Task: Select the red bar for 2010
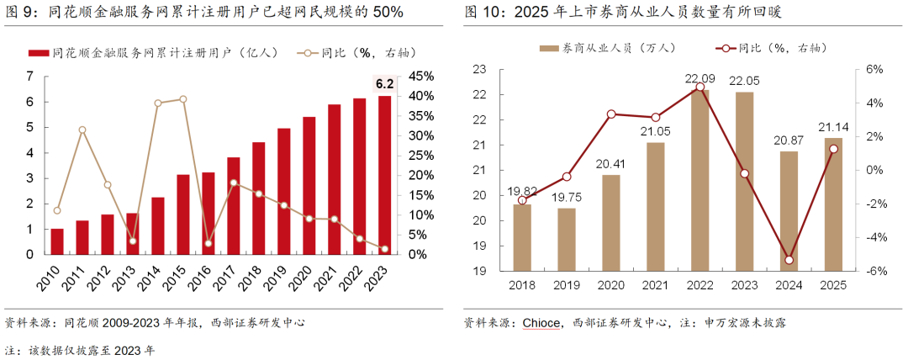(57, 241)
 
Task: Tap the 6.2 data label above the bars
(384, 83)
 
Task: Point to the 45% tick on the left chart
(421, 77)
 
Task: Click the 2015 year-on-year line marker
(182, 99)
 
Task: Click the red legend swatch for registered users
(37, 52)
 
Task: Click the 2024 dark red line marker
(789, 260)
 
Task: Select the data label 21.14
(832, 128)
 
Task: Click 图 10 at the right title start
(482, 13)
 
